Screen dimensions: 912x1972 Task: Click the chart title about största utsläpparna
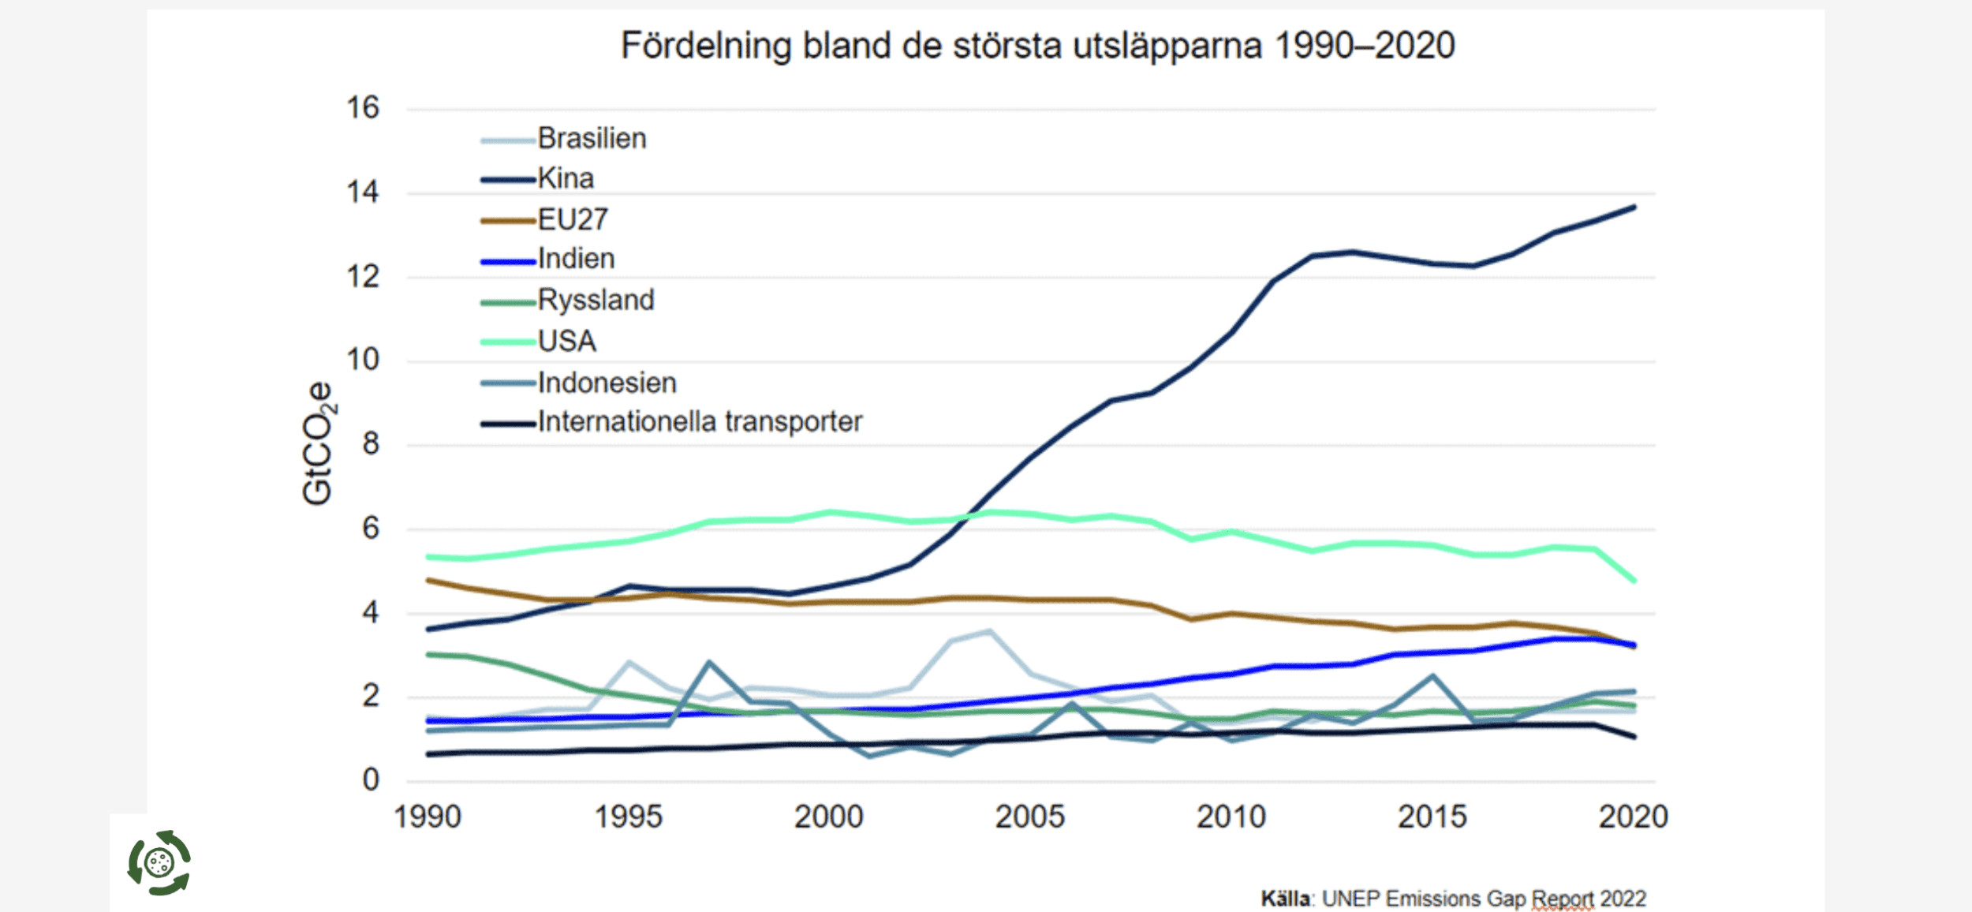[1037, 46]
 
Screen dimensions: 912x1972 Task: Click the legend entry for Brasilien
[592, 139]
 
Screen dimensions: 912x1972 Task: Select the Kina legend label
[566, 178]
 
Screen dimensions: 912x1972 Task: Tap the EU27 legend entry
[573, 219]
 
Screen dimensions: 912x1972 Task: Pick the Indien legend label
[576, 259]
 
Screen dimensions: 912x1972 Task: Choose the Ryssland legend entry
[596, 300]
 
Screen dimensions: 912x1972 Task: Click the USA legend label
[566, 341]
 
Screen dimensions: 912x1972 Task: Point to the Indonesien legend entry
[607, 383]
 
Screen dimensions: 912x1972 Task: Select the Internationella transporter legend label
[700, 422]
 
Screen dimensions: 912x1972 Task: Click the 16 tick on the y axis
[363, 108]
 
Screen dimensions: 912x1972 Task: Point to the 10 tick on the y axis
[363, 361]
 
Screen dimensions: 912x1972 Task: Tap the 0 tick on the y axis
[371, 780]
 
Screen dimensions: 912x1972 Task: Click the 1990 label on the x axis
[428, 817]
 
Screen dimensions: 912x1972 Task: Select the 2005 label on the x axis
[1029, 817]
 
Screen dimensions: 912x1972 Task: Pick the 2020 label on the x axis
[1633, 817]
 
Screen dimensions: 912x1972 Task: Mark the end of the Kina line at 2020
[1634, 207]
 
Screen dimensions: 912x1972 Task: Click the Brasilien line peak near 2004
[989, 631]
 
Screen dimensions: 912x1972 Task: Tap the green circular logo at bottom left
[159, 862]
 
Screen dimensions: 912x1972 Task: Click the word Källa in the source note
[1285, 899]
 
